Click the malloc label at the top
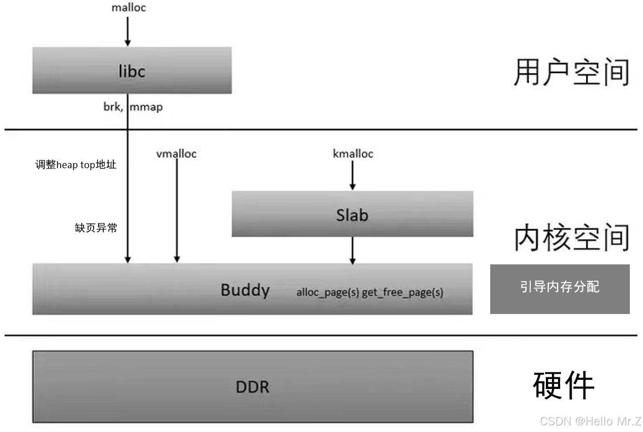tap(128, 8)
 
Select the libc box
tap(132, 70)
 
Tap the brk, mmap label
tap(133, 107)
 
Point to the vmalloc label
tap(177, 154)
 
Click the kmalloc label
tap(353, 153)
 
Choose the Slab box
tap(352, 214)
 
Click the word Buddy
tap(245, 290)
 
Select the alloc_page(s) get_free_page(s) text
tap(369, 292)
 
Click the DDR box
tap(252, 387)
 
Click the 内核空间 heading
tap(572, 238)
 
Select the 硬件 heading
tap(563, 386)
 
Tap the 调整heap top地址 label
tap(76, 165)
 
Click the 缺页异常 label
tap(96, 228)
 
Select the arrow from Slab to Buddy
tap(353, 250)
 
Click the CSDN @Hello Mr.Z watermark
tap(590, 421)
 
